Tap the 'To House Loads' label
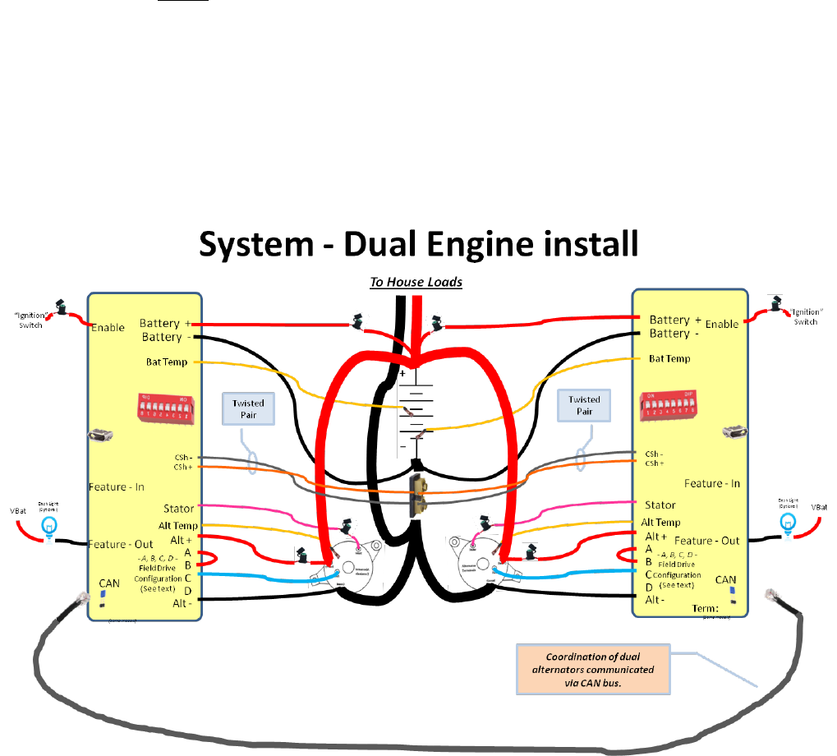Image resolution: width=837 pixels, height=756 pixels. click(416, 282)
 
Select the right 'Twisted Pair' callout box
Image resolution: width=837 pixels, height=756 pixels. click(584, 405)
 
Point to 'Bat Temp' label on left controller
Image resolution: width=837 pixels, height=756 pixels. click(168, 362)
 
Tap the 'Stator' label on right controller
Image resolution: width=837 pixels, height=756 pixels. click(660, 505)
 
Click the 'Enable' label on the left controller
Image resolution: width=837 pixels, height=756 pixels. click(108, 327)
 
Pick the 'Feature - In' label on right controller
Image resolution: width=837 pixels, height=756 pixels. click(712, 484)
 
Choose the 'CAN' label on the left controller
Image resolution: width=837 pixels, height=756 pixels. click(109, 583)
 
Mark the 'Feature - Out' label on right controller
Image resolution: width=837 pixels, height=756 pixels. click(707, 540)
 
